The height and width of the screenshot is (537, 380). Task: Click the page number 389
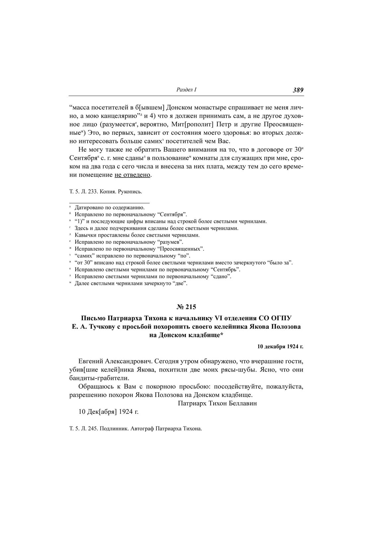tap(298, 90)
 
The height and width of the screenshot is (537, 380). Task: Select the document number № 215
tap(186, 307)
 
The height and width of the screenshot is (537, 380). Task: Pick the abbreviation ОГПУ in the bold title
tap(281, 318)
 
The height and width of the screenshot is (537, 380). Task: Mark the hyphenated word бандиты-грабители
tap(99, 378)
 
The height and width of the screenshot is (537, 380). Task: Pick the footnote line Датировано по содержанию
tap(109, 208)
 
